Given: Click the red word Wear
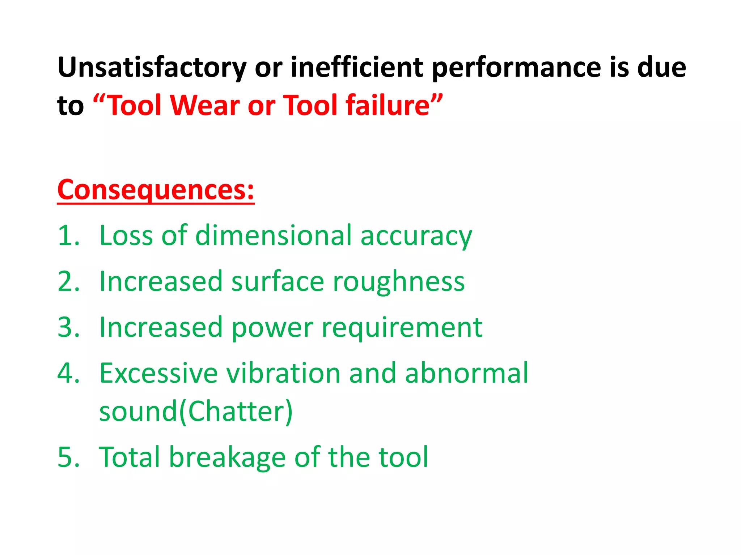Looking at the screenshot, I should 205,105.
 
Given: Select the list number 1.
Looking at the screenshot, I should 68,236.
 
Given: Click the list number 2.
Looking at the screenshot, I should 68,281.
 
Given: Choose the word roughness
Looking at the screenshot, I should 399,281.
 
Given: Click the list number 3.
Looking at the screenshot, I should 68,327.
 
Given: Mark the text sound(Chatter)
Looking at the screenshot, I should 195,412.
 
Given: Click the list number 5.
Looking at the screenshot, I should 68,457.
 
